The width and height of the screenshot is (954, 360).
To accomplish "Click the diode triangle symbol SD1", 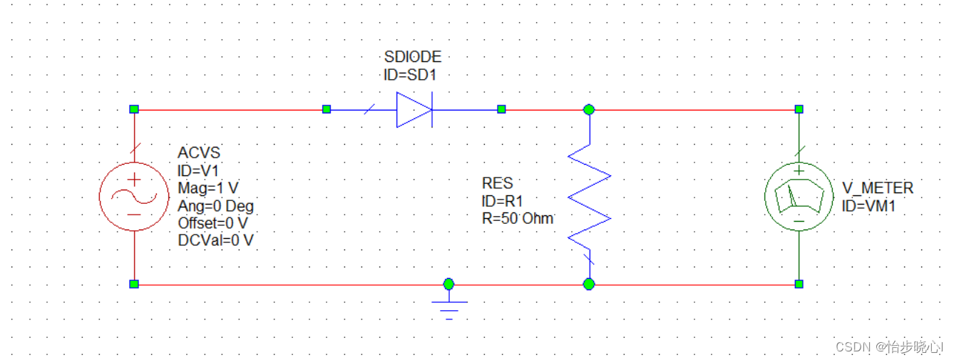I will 414,110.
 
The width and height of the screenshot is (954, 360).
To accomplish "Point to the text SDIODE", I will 412,57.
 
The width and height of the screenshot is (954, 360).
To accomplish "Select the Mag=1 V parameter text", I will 207,189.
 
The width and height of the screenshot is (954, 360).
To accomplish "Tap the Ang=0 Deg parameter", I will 215,206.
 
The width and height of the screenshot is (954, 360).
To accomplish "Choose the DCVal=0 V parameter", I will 215,240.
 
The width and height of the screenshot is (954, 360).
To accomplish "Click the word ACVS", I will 199,153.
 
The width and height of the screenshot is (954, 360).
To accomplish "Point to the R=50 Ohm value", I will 518,219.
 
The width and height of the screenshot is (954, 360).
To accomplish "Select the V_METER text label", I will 878,188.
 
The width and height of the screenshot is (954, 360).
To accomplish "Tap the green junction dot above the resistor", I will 589,109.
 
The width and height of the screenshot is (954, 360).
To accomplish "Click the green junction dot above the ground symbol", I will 448,284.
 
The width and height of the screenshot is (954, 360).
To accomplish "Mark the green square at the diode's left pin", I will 327,109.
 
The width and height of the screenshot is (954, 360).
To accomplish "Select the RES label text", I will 497,184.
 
